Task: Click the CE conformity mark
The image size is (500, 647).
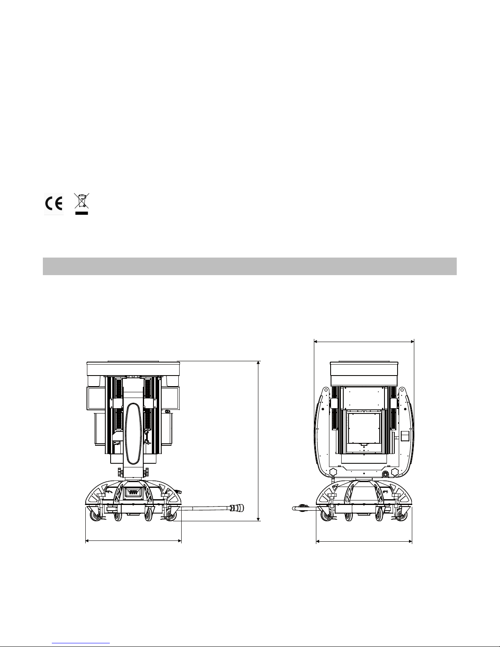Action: click(53, 204)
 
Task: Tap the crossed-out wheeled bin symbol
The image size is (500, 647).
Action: click(82, 201)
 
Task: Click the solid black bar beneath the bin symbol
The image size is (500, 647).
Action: click(82, 213)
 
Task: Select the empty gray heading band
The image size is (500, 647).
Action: click(250, 266)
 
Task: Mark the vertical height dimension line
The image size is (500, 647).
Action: click(258, 441)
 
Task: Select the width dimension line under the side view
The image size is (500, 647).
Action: click(133, 541)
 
